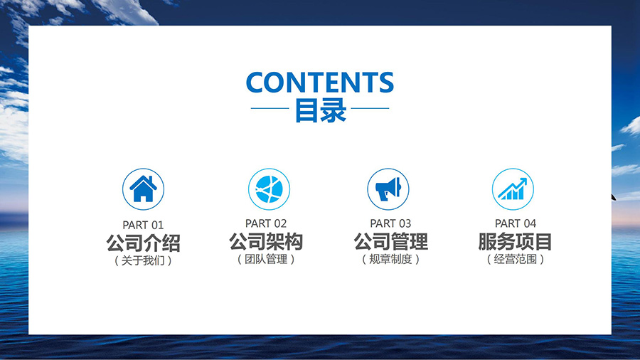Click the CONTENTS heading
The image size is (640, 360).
pyautogui.click(x=320, y=82)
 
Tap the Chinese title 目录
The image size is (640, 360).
pyautogui.click(x=321, y=110)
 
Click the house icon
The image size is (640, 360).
pyautogui.click(x=143, y=189)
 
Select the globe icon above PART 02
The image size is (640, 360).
pyautogui.click(x=269, y=189)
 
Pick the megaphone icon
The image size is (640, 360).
pyautogui.click(x=388, y=189)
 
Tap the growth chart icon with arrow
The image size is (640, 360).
pyautogui.click(x=513, y=189)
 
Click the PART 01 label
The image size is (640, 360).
pyautogui.click(x=143, y=225)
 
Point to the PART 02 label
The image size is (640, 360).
pyautogui.click(x=266, y=223)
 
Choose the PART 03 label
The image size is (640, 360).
pyautogui.click(x=390, y=223)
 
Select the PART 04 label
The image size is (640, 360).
pyautogui.click(x=516, y=223)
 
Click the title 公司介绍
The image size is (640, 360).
pyautogui.click(x=143, y=243)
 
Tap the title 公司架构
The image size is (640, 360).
pyautogui.click(x=266, y=242)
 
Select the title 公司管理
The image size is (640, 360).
pyautogui.click(x=390, y=242)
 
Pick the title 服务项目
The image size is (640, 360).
pyautogui.click(x=515, y=242)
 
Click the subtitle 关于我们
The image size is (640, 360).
pyautogui.click(x=143, y=260)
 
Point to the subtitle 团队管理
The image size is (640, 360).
pyautogui.click(x=266, y=259)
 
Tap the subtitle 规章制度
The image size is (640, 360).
pyautogui.click(x=390, y=259)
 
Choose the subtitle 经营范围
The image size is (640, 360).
pyautogui.click(x=515, y=259)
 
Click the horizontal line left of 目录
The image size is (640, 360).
pyautogui.click(x=270, y=108)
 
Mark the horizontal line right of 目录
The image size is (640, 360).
pyautogui.click(x=370, y=108)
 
